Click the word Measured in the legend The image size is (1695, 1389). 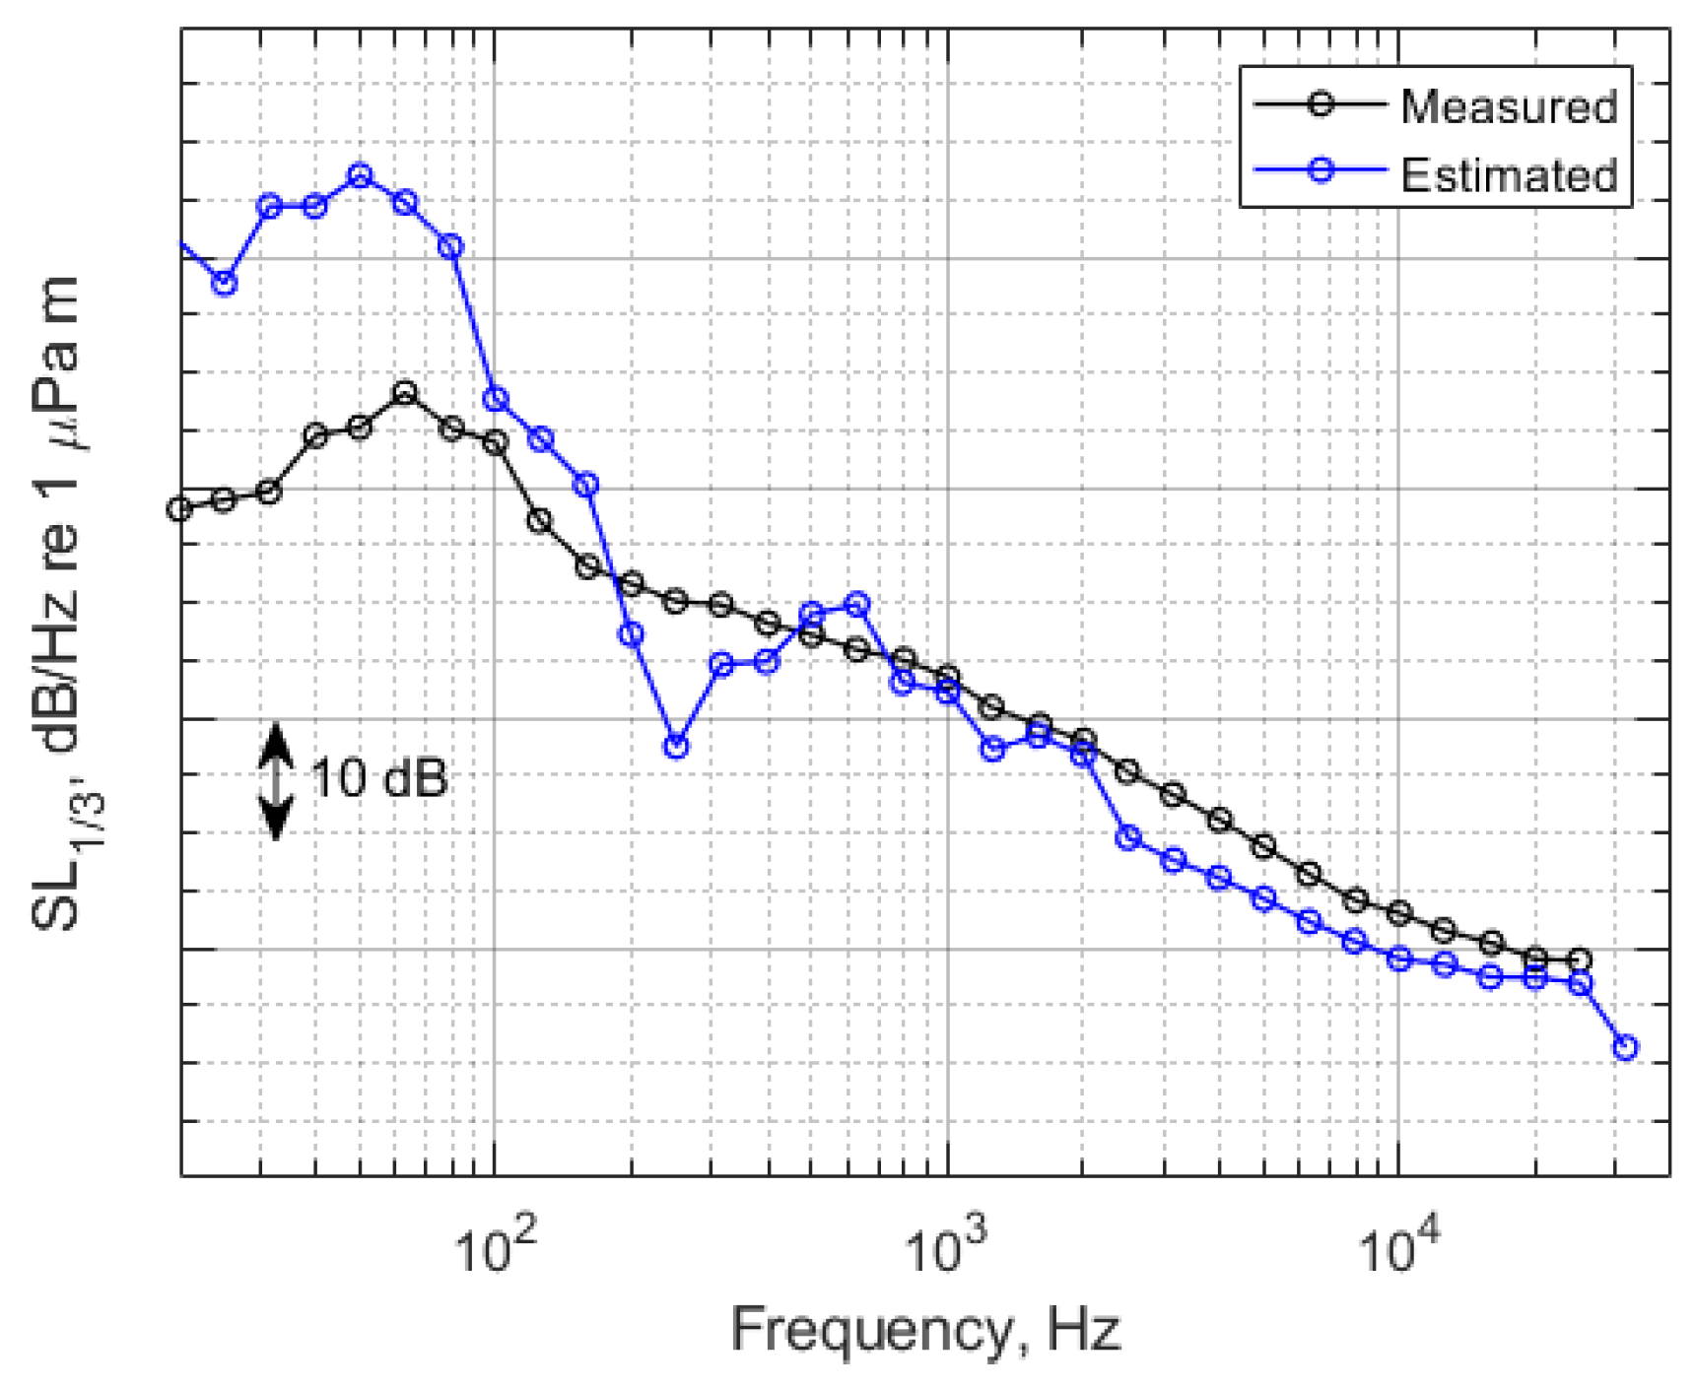1508,106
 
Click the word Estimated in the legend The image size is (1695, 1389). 1508,175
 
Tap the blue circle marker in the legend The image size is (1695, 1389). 1321,170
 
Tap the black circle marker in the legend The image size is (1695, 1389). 1321,103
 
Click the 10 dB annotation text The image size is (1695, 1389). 379,778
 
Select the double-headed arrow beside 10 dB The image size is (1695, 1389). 276,780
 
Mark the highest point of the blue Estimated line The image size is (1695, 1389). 360,176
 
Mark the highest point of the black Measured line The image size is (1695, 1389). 404,393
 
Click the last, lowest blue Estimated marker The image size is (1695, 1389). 1625,1047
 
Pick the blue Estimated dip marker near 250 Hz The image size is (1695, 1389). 675,747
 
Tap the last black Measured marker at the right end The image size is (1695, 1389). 1580,959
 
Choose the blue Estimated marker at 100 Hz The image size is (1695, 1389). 496,399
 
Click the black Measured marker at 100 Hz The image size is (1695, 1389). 496,443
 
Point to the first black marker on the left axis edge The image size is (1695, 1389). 179,509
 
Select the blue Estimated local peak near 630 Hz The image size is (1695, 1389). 857,604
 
